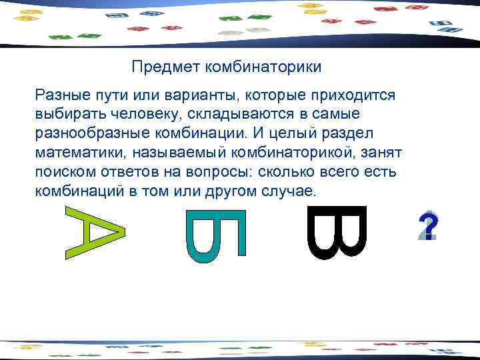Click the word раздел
click(358, 133)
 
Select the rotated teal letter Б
click(216, 234)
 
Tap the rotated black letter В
click(337, 232)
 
